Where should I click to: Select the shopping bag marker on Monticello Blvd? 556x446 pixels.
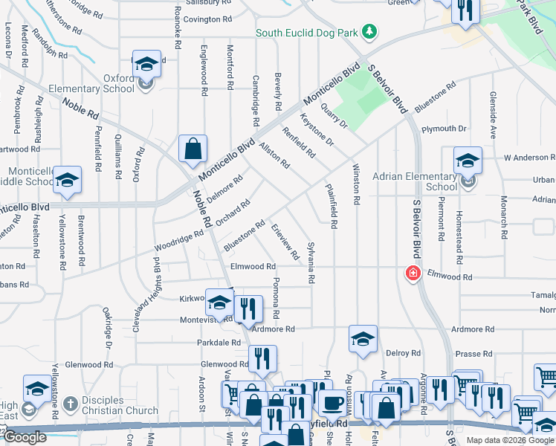193,148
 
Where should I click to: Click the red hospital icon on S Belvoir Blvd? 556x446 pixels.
411,274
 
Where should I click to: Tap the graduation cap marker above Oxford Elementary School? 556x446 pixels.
147,65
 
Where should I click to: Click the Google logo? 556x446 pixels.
25,438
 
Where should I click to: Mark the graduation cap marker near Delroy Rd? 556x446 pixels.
363,339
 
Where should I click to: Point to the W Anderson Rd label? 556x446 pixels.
529,158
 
